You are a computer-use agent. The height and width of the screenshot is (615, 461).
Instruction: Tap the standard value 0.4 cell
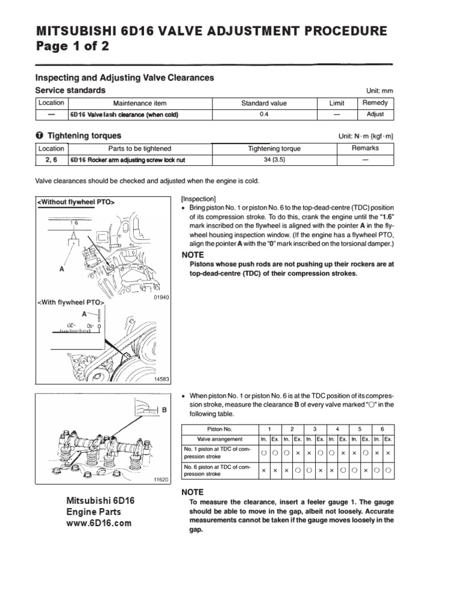pyautogui.click(x=264, y=114)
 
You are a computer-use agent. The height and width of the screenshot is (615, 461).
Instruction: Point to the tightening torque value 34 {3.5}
pyautogui.click(x=274, y=160)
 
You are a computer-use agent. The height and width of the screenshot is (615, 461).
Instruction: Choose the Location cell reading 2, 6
pyautogui.click(x=51, y=160)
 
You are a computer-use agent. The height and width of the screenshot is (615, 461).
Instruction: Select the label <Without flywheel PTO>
pyautogui.click(x=76, y=202)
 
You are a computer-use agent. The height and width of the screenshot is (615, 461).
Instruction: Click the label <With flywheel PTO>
pyautogui.click(x=71, y=301)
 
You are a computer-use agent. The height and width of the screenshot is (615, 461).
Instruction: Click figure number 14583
pyautogui.click(x=161, y=380)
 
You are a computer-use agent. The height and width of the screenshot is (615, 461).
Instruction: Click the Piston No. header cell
pyautogui.click(x=218, y=429)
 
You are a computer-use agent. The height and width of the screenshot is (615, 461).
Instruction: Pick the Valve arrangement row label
pyautogui.click(x=218, y=440)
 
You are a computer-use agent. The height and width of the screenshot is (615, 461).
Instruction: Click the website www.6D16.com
pyautogui.click(x=98, y=523)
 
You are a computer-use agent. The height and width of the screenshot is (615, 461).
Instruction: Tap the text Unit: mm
pyautogui.click(x=379, y=91)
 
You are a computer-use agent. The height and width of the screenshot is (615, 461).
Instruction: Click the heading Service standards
pyautogui.click(x=71, y=90)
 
